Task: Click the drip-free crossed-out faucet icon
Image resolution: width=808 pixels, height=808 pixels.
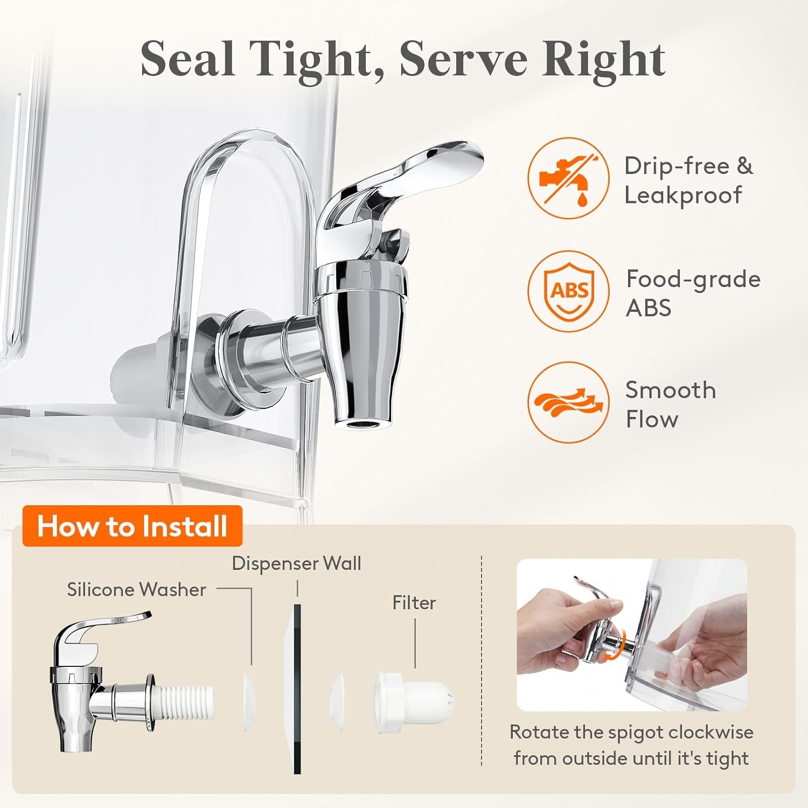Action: point(568,178)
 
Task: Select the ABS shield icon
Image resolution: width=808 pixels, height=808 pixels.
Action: point(568,291)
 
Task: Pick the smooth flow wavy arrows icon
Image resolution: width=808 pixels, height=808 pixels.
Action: point(568,402)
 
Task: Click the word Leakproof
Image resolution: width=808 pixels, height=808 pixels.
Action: point(683,196)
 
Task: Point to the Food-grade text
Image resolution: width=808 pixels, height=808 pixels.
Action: point(693,280)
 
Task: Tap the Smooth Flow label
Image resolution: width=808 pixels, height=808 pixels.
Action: point(671,404)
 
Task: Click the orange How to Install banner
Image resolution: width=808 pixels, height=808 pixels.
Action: point(133,526)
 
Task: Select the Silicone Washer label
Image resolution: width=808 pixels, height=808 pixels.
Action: point(136,589)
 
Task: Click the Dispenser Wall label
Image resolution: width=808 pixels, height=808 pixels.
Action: point(296,563)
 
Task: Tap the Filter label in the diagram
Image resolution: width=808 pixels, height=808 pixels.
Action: point(414,602)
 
